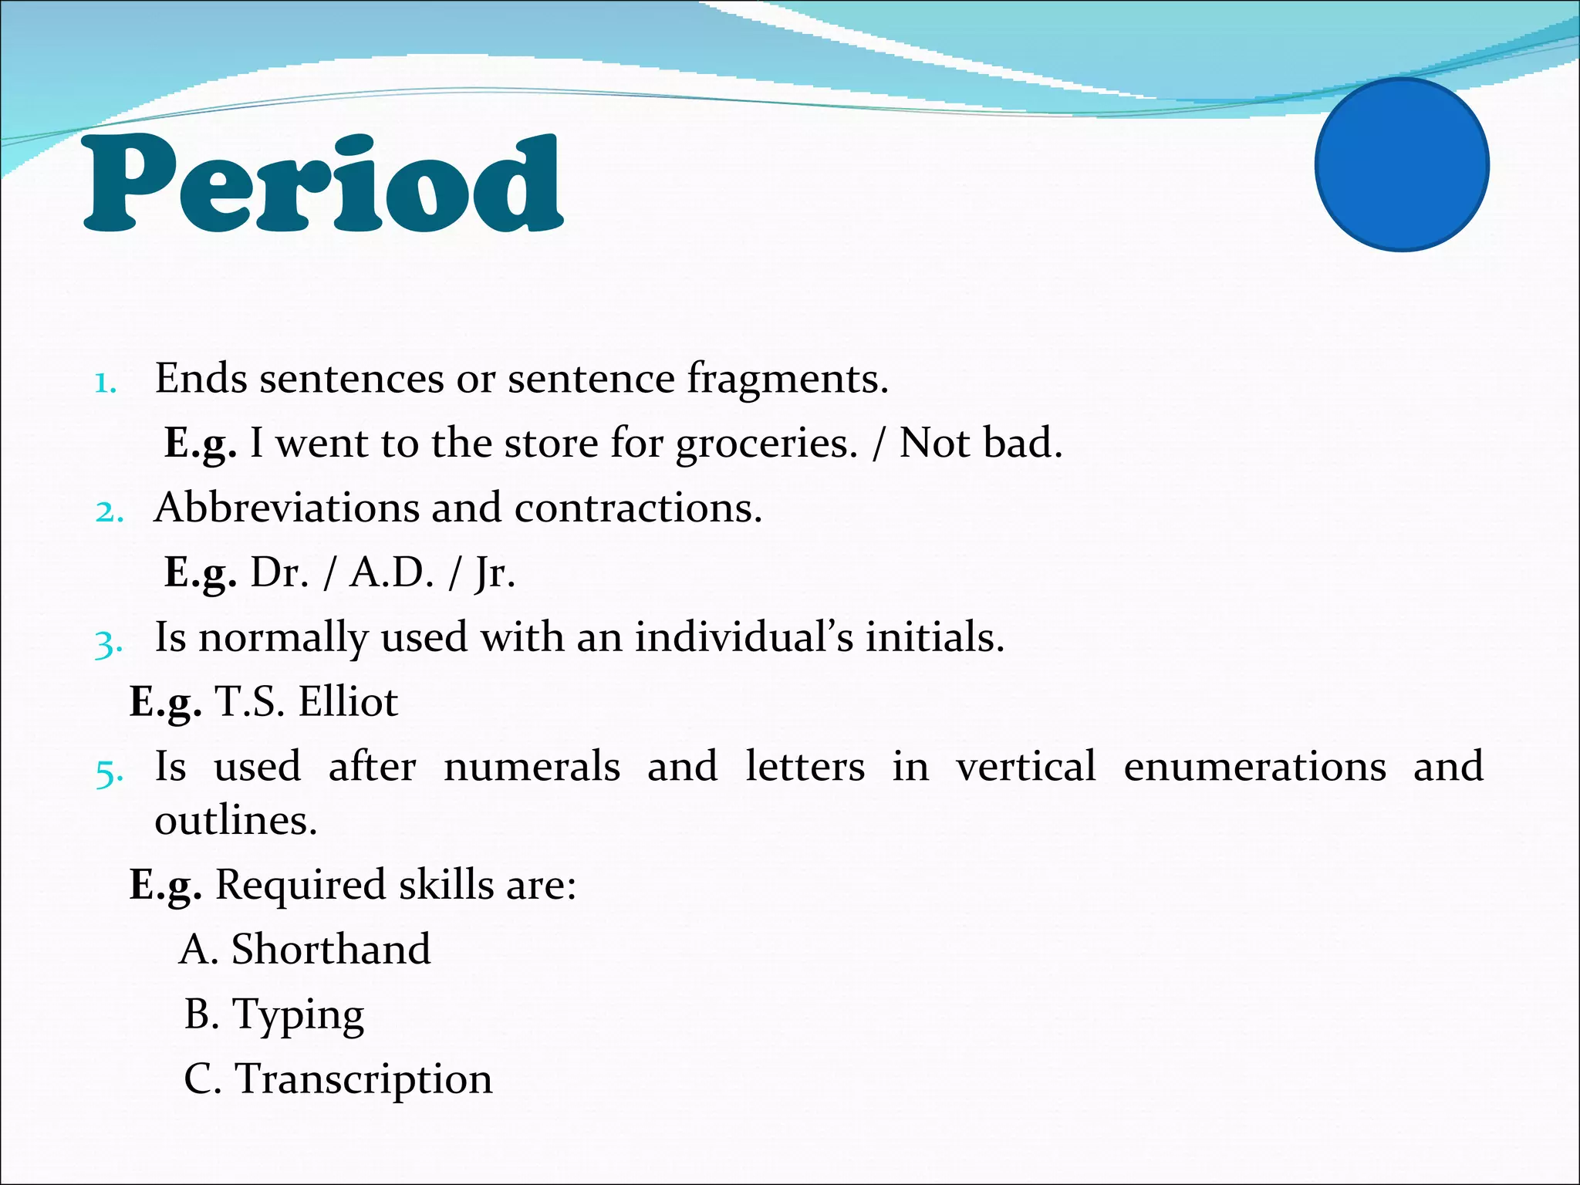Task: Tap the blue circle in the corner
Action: (x=1402, y=164)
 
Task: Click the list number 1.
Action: (x=105, y=383)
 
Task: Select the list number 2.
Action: (x=109, y=511)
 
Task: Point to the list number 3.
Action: (x=108, y=643)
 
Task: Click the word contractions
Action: (x=638, y=508)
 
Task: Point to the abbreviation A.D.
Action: (x=392, y=573)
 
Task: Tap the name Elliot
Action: (x=348, y=702)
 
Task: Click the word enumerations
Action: (x=1254, y=767)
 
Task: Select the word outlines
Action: (x=235, y=820)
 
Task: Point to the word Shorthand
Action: (x=331, y=949)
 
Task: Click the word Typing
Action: (x=298, y=1016)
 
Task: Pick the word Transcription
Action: (x=363, y=1079)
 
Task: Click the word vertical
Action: (x=1025, y=767)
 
